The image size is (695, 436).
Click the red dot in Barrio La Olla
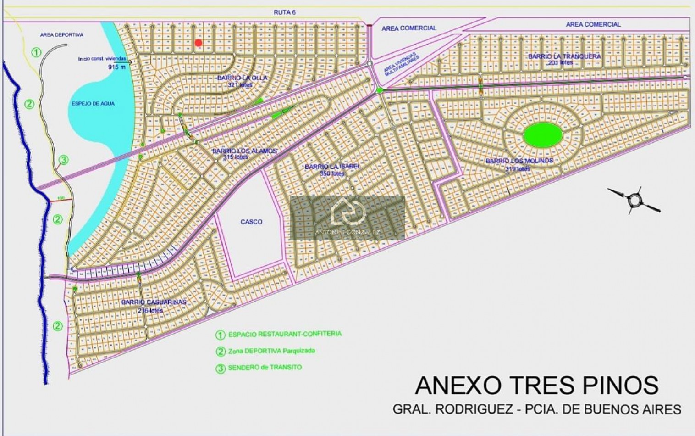[x=198, y=43]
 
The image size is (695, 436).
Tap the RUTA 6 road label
[x=284, y=12]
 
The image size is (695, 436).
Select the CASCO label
[x=251, y=222]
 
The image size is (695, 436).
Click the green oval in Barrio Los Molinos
[x=543, y=135]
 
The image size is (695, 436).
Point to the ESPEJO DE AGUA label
[x=93, y=104]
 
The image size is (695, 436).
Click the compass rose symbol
[x=634, y=200]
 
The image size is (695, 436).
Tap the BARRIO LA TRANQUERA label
[x=564, y=56]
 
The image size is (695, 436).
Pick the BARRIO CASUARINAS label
[x=154, y=302]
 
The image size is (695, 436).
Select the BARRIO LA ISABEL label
[x=332, y=167]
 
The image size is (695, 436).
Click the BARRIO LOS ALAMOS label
[x=244, y=151]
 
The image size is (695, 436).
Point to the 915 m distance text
[x=116, y=67]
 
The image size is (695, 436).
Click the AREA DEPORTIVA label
[x=61, y=35]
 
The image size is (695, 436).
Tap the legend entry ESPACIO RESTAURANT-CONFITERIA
[x=284, y=334]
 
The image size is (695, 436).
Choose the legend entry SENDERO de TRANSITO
[x=265, y=367]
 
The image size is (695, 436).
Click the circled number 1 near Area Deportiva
[x=36, y=52]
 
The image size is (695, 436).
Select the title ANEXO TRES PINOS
[x=536, y=386]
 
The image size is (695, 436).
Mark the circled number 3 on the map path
[x=64, y=160]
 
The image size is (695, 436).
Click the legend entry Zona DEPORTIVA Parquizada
[x=271, y=351]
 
